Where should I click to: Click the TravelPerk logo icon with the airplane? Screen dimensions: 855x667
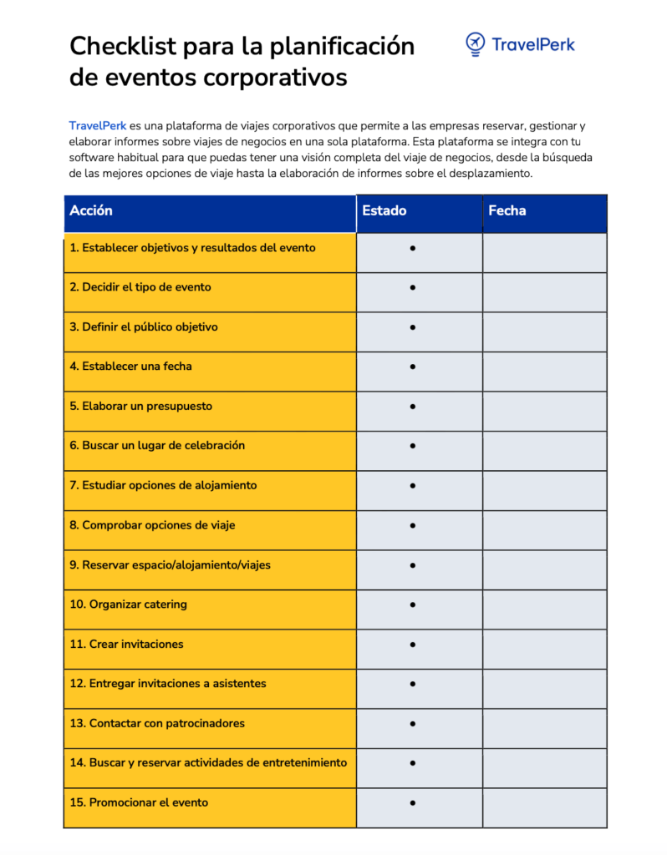click(x=476, y=44)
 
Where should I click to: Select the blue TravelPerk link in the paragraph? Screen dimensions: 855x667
click(x=97, y=126)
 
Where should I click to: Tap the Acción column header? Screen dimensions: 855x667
click(x=91, y=211)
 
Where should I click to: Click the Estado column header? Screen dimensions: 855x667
click(x=384, y=211)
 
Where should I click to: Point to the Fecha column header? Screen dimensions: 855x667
click(x=507, y=211)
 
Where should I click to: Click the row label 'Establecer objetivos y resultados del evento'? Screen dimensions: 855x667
click(x=192, y=248)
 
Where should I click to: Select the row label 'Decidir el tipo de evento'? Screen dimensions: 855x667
click(x=140, y=287)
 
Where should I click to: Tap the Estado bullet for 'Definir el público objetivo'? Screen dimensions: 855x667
click(x=413, y=327)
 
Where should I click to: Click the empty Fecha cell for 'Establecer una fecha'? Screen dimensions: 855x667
click(x=544, y=367)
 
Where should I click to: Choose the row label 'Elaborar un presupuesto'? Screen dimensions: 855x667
click(x=140, y=407)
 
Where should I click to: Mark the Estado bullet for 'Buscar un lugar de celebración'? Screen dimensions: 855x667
click(x=413, y=446)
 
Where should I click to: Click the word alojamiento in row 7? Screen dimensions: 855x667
click(x=227, y=486)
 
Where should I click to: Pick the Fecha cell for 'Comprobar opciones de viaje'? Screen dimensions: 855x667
click(x=544, y=525)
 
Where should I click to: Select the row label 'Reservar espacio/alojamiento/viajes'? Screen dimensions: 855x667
click(x=170, y=565)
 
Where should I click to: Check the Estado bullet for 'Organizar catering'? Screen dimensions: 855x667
click(x=413, y=605)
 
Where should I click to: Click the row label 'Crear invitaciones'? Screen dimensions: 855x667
click(x=126, y=645)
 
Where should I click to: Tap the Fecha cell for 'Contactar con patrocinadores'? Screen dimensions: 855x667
click(x=544, y=723)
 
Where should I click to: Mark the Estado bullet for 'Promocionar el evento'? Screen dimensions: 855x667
click(x=413, y=802)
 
